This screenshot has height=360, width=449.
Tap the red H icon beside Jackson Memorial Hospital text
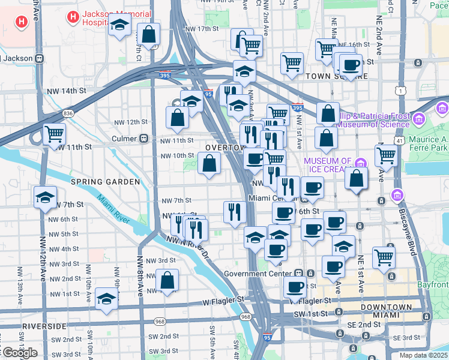click(x=73, y=17)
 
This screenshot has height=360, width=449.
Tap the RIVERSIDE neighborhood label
click(x=43, y=326)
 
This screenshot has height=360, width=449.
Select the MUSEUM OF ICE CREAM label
click(x=328, y=166)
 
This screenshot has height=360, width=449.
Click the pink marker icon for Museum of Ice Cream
click(x=361, y=163)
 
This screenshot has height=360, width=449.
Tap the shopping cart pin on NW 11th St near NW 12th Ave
click(x=54, y=134)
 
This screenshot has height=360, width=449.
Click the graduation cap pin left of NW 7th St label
click(x=45, y=197)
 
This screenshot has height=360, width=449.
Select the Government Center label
click(x=261, y=274)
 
